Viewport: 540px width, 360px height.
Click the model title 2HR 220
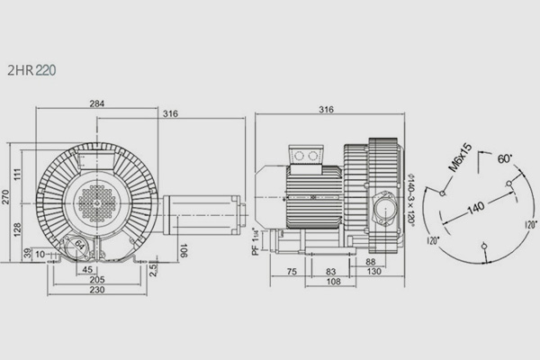[x=31, y=70]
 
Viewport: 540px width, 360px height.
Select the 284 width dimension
[x=97, y=103]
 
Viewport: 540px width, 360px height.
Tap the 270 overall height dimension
[x=5, y=197]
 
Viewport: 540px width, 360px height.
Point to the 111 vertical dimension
[x=18, y=174]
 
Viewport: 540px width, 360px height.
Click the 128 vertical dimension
[x=17, y=229]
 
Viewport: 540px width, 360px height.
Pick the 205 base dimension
[x=97, y=279]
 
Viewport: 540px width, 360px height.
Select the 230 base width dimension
[x=97, y=290]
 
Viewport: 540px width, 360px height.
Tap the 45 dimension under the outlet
[x=87, y=269]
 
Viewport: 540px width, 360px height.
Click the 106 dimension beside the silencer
[x=184, y=251]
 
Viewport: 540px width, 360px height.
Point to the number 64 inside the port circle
[x=79, y=246]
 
